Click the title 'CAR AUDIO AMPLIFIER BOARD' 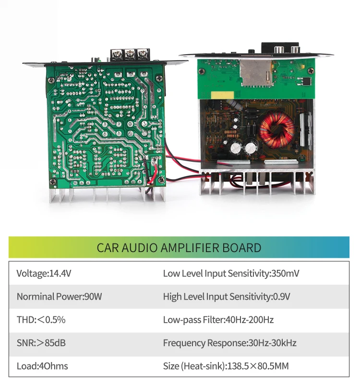[x=179, y=248]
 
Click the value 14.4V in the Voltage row [x=60, y=274]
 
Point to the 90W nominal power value [x=93, y=297]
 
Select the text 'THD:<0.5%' [x=41, y=320]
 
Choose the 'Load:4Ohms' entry [x=42, y=366]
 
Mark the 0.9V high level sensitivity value [x=282, y=297]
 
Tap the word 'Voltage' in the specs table [x=32, y=274]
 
